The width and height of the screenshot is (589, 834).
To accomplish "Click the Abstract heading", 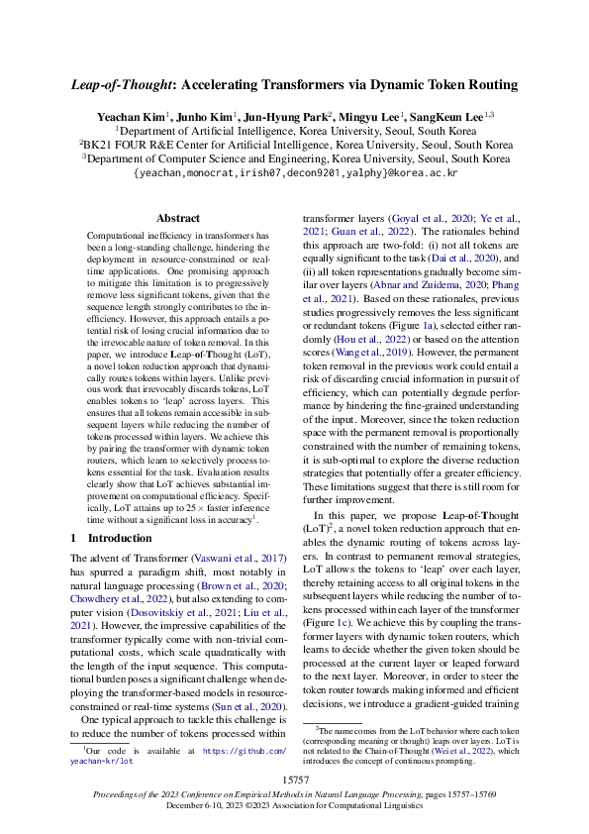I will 178,218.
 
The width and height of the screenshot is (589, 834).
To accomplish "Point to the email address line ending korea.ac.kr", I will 295,172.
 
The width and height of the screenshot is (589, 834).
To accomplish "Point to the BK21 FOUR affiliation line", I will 295,144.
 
